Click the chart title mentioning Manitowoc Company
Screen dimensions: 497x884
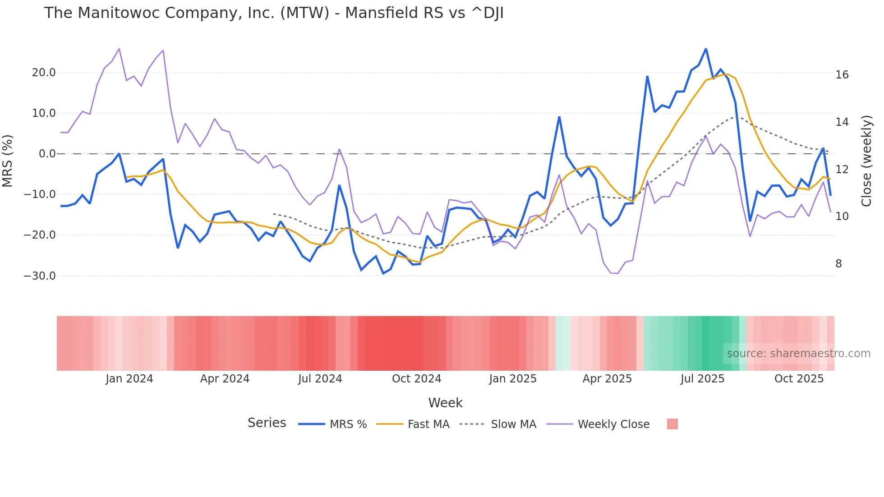pos(273,13)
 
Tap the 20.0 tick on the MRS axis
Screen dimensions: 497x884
pos(44,73)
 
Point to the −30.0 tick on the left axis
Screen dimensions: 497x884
pos(40,276)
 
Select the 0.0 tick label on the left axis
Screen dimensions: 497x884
pos(47,154)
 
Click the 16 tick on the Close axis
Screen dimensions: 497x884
pos(842,75)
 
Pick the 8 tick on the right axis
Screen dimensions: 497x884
pos(838,264)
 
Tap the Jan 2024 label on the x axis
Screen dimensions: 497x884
pos(129,379)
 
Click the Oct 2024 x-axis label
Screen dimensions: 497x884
pos(416,379)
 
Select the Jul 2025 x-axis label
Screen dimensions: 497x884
pos(702,379)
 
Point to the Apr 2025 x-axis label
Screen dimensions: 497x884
pos(607,379)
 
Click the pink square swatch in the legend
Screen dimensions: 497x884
pos(672,424)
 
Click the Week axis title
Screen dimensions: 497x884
pos(445,403)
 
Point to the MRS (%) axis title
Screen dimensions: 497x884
pos(8,161)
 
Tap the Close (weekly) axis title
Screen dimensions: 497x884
pos(866,161)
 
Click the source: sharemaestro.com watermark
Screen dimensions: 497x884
pos(798,354)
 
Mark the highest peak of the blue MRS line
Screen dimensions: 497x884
pos(706,49)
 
